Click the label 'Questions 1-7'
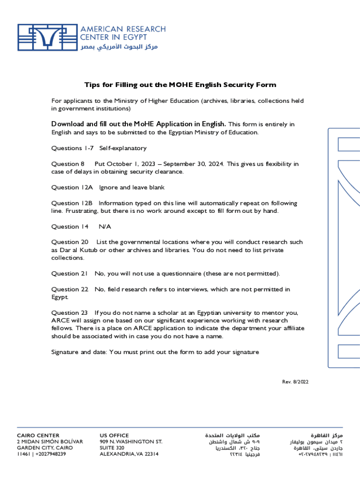pyautogui.click(x=72, y=148)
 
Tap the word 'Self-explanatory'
pyautogui.click(x=122, y=148)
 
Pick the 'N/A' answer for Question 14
pyautogui.click(x=105, y=227)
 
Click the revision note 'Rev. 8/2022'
pyautogui.click(x=295, y=382)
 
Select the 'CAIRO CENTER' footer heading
pyautogui.click(x=38, y=435)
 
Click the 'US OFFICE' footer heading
pyautogui.click(x=114, y=435)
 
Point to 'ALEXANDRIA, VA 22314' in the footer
pyautogui.click(x=129, y=454)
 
